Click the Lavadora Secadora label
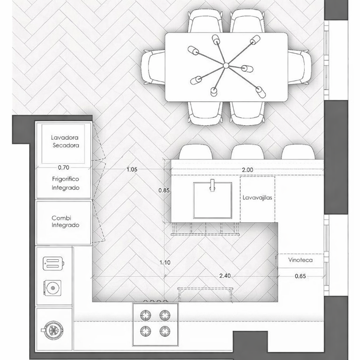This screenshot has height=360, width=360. (65, 141)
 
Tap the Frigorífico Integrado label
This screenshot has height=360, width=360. (66, 183)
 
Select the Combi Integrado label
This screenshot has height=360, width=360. (65, 221)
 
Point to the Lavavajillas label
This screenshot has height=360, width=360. (257, 197)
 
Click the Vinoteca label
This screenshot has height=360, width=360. (301, 260)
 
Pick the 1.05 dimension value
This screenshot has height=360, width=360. (132, 170)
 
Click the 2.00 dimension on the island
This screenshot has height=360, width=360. (247, 170)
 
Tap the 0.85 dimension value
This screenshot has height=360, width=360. (164, 190)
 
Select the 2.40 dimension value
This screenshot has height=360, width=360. (225, 275)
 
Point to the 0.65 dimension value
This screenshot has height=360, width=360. (301, 276)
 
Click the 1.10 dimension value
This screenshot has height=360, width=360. (165, 262)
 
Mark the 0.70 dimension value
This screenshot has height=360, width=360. (64, 167)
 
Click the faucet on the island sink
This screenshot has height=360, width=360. (212, 185)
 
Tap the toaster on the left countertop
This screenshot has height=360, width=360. (54, 263)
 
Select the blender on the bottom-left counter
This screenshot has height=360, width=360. (53, 330)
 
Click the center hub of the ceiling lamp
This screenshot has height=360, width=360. (226, 66)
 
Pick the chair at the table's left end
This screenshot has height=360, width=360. (153, 67)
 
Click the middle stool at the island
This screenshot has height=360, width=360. (247, 152)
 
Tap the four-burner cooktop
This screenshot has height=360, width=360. (155, 324)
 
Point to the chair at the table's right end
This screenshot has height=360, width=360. (299, 67)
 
